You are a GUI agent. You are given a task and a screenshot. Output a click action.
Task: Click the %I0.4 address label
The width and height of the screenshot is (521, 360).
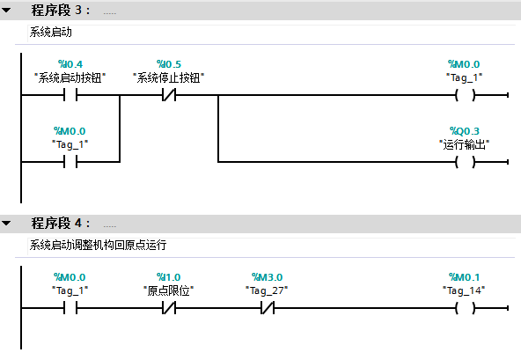[x=70, y=64]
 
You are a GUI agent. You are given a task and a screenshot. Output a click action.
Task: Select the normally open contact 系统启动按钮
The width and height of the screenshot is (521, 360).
[x=70, y=95]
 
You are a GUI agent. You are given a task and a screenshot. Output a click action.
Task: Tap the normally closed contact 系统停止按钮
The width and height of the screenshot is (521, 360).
[x=169, y=95]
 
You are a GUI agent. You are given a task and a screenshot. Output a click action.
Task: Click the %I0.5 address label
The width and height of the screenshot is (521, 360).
[x=169, y=64]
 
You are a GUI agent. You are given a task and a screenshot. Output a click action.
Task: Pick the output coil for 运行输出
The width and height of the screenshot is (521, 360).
[x=466, y=162]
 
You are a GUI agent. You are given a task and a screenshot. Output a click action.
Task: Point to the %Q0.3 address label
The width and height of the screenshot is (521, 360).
[x=465, y=130]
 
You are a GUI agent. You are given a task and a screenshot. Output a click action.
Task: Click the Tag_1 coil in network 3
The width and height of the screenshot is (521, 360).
[x=466, y=95]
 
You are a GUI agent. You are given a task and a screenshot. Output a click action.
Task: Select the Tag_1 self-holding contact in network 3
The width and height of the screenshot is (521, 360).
[x=70, y=162]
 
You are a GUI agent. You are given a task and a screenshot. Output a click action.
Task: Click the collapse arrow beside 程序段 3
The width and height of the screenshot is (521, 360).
[x=6, y=11]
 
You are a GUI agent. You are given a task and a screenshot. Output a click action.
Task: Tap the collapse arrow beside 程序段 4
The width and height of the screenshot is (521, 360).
[x=6, y=223]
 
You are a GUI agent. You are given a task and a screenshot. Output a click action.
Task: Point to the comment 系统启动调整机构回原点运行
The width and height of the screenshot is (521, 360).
[x=98, y=245]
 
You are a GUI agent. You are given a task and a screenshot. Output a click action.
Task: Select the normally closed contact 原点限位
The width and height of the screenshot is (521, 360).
[x=169, y=308]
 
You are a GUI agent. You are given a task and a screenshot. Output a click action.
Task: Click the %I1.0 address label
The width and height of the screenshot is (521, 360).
[x=169, y=277]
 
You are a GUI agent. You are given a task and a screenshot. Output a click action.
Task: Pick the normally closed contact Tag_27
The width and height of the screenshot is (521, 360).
[x=268, y=308]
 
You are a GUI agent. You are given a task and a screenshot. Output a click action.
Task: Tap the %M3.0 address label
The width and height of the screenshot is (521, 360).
[x=268, y=277]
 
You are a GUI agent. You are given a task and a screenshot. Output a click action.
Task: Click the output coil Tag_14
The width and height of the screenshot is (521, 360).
[x=466, y=308]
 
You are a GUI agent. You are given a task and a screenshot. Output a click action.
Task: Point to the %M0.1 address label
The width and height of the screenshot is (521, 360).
[x=464, y=277]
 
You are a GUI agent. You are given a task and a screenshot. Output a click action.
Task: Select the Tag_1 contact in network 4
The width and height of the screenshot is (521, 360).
[x=70, y=308]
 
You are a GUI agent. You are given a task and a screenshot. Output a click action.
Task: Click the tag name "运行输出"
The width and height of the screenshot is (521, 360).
[x=464, y=144]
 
